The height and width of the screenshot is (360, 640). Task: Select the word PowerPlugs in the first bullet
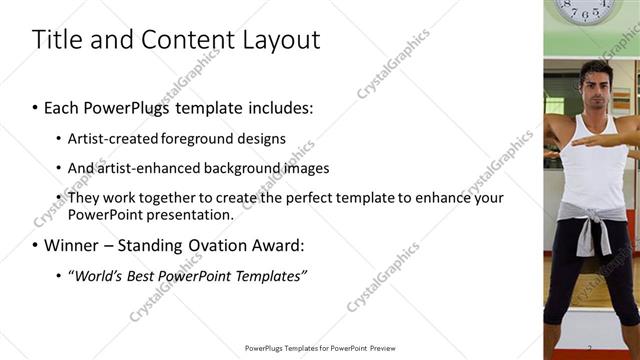pyautogui.click(x=129, y=107)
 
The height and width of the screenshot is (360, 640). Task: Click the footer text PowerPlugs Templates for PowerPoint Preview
pyautogui.click(x=320, y=348)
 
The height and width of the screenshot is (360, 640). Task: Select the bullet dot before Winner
pyautogui.click(x=36, y=246)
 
